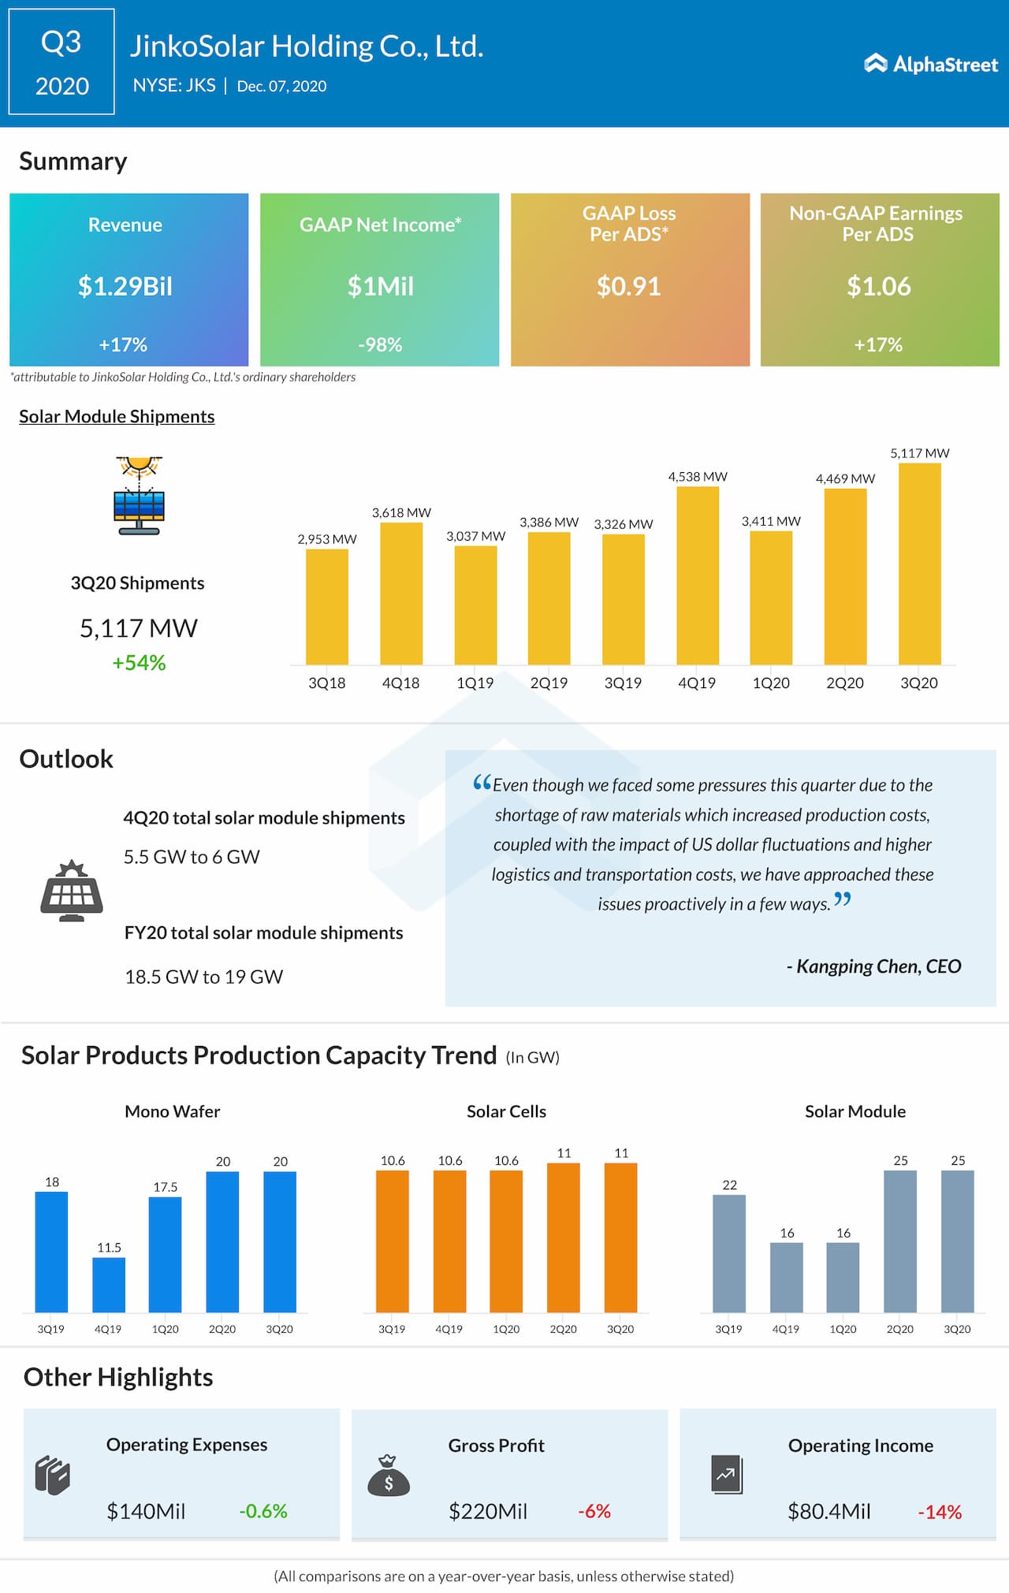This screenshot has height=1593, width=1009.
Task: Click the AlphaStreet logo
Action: pyautogui.click(x=931, y=64)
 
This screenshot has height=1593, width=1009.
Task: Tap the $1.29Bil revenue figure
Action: pyautogui.click(x=125, y=286)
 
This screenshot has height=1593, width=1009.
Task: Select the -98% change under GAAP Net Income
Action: pyautogui.click(x=380, y=344)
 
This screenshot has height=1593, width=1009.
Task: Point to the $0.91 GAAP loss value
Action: pyautogui.click(x=628, y=286)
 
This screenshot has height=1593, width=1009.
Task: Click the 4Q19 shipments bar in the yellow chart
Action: pyautogui.click(x=698, y=575)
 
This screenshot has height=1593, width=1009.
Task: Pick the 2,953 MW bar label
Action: pyautogui.click(x=327, y=539)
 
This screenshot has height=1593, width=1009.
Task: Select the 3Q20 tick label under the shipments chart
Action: pyautogui.click(x=919, y=683)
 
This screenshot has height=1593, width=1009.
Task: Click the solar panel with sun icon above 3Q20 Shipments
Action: pyautogui.click(x=139, y=495)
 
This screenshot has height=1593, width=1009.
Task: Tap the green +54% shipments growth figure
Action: pyautogui.click(x=139, y=663)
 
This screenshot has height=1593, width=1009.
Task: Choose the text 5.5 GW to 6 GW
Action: pyautogui.click(x=192, y=857)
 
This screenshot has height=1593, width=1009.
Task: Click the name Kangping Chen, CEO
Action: pyautogui.click(x=874, y=966)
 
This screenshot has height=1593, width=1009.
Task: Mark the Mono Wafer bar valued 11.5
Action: pyautogui.click(x=109, y=1285)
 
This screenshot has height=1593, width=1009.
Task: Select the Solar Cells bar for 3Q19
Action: pyautogui.click(x=393, y=1241)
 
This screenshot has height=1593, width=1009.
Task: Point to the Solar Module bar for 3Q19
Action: pyautogui.click(x=729, y=1253)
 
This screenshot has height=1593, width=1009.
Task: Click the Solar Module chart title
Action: pyautogui.click(x=855, y=1111)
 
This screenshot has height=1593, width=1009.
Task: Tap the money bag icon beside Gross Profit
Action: pyautogui.click(x=389, y=1476)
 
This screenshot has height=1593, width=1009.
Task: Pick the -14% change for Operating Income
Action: pyautogui.click(x=940, y=1513)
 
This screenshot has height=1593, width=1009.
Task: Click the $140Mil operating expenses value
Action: pyautogui.click(x=146, y=1511)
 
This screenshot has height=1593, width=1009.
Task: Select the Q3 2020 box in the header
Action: pyautogui.click(x=61, y=62)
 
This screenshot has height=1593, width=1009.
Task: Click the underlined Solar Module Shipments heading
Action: pyautogui.click(x=117, y=416)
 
